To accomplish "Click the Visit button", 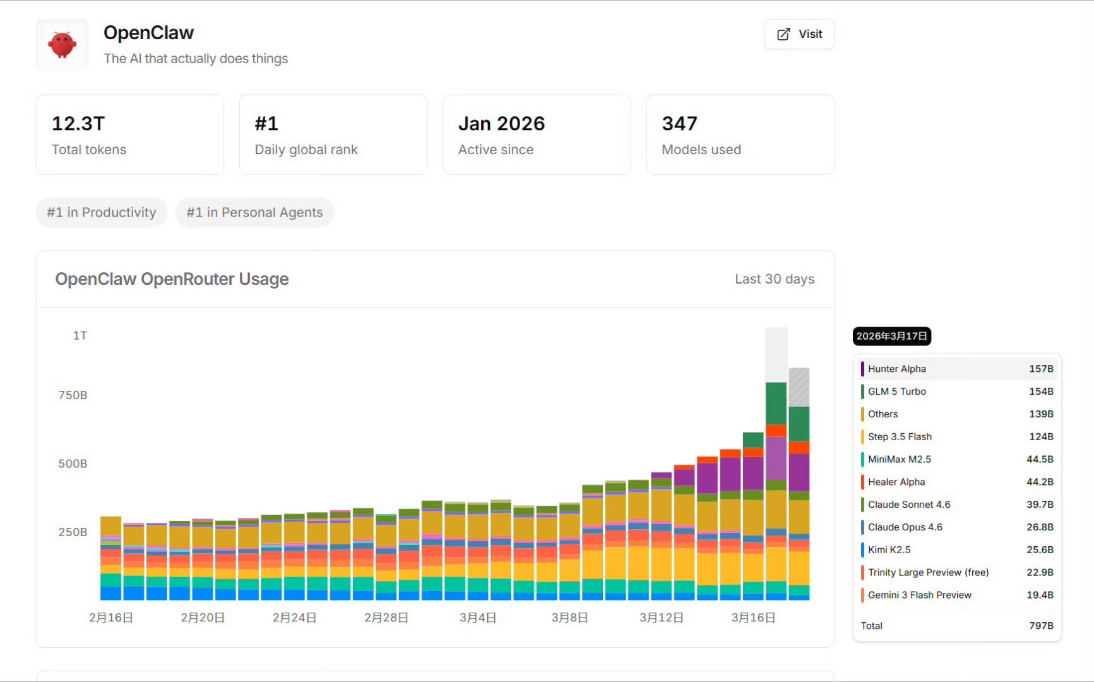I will (x=799, y=34).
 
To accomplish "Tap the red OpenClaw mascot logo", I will (x=62, y=45).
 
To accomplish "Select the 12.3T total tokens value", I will (x=78, y=124).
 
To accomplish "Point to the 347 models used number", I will (x=679, y=124).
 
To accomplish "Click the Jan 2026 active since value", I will (x=501, y=124).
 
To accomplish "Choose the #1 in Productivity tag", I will (x=102, y=212).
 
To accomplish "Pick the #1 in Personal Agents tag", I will (x=254, y=212).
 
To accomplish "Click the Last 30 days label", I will (x=775, y=279).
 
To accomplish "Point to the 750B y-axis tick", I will (x=73, y=395).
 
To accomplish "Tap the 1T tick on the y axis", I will (x=80, y=335).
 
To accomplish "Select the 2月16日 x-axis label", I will (x=111, y=618).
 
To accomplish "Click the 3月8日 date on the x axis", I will (x=569, y=618).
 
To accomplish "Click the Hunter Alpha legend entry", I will (x=896, y=369).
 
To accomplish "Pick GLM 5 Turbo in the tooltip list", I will (x=896, y=392).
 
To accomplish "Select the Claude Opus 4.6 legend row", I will (x=905, y=527).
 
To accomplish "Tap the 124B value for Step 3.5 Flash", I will (x=1041, y=437).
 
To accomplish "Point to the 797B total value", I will (x=1041, y=626).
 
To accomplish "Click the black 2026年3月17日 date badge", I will (x=891, y=336).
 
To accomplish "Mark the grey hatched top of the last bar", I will (x=799, y=387).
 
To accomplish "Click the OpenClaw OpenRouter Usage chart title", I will (x=172, y=279).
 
